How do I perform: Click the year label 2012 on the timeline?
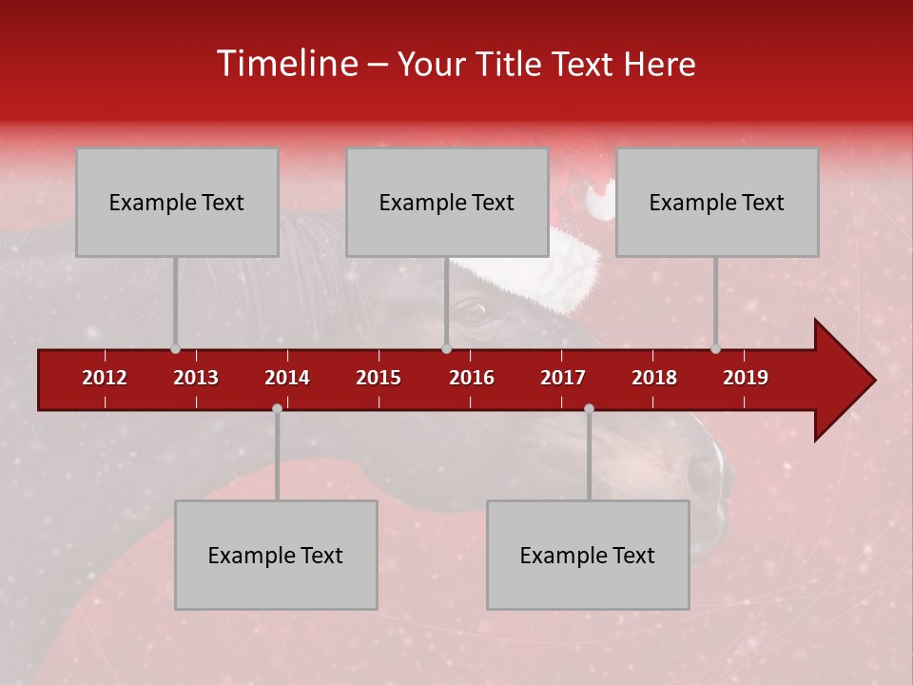pyautogui.click(x=105, y=378)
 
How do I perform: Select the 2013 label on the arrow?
pyautogui.click(x=196, y=378)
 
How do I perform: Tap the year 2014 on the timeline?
pyautogui.click(x=287, y=378)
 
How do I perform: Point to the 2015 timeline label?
pyautogui.click(x=379, y=378)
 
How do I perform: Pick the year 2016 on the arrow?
pyautogui.click(x=472, y=378)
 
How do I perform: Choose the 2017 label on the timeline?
pyautogui.click(x=563, y=378)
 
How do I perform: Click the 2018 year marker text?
pyautogui.click(x=654, y=378)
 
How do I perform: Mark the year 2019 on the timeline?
pyautogui.click(x=746, y=378)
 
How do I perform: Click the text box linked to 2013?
pyautogui.click(x=177, y=202)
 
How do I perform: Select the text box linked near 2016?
pyautogui.click(x=447, y=202)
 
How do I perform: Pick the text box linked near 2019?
pyautogui.click(x=717, y=202)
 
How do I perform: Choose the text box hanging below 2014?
pyautogui.click(x=276, y=555)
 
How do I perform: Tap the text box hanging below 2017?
pyautogui.click(x=588, y=555)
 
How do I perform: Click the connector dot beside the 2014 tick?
pyautogui.click(x=277, y=408)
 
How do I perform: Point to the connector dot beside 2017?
pyautogui.click(x=589, y=408)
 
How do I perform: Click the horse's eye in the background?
pyautogui.click(x=471, y=308)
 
